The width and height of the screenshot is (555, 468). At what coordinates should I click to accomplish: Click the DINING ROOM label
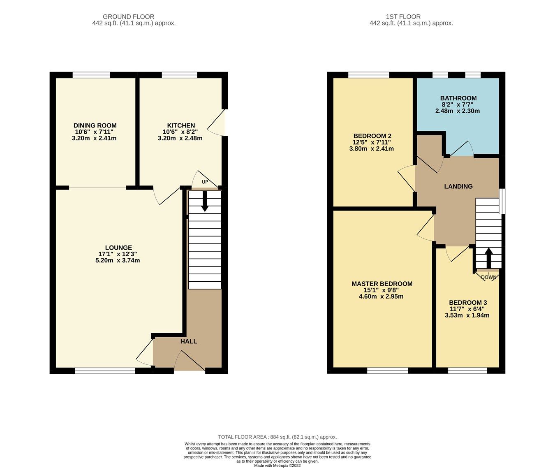(95, 125)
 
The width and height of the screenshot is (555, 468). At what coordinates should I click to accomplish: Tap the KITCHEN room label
(181, 125)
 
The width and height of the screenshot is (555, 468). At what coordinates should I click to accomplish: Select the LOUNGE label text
(118, 248)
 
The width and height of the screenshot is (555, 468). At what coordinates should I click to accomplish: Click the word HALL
(189, 341)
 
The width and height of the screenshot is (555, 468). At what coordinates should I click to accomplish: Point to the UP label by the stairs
(205, 182)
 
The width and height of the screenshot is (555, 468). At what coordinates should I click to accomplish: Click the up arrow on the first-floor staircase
(488, 258)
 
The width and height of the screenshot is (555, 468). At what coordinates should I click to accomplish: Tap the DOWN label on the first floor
(488, 277)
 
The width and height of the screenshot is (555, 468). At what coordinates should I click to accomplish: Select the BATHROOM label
(458, 98)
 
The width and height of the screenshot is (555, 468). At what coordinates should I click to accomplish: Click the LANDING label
(458, 186)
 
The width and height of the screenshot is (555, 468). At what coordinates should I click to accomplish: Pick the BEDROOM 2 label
(372, 136)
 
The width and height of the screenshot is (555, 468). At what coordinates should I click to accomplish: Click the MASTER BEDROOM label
(382, 284)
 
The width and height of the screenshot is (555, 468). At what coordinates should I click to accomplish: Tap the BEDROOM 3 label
(468, 302)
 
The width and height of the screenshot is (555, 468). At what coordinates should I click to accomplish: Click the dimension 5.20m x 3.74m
(118, 260)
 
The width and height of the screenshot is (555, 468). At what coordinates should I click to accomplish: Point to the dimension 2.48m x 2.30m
(458, 111)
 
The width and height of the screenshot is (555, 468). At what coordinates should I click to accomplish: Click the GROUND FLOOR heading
(129, 17)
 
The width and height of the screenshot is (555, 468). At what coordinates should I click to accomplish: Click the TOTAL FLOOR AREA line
(277, 437)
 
